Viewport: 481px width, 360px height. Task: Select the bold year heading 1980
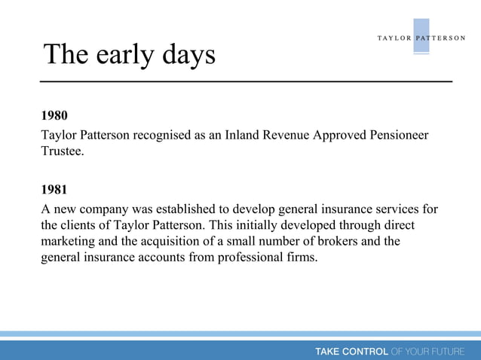(54, 116)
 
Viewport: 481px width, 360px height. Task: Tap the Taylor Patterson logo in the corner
(421, 38)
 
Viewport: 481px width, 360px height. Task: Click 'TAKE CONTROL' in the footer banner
(351, 351)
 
